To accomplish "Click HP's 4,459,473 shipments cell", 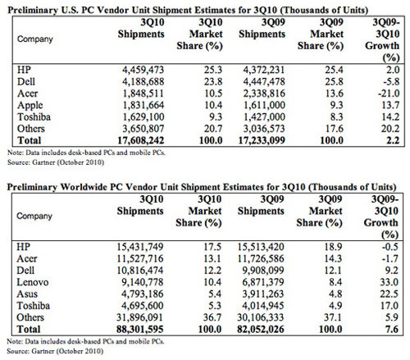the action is point(143,70).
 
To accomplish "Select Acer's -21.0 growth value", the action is point(389,93).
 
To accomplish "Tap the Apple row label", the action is point(30,106).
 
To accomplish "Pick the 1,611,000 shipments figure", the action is point(264,105).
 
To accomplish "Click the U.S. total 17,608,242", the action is point(141,140).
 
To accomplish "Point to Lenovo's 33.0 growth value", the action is point(389,282).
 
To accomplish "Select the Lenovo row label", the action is point(33,282).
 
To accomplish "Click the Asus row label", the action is point(27,294).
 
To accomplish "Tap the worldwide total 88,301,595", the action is point(140,329).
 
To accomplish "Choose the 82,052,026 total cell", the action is point(261,329).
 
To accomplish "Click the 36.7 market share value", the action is point(212,317).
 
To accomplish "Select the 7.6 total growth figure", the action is point(392,329).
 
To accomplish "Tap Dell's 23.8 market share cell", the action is point(213,82).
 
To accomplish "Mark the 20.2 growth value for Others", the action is point(390,129).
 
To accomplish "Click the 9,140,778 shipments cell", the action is point(142,282).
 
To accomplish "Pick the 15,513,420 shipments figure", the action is point(261,247).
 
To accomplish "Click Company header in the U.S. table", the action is point(35,39).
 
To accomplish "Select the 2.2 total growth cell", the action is point(393,140).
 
